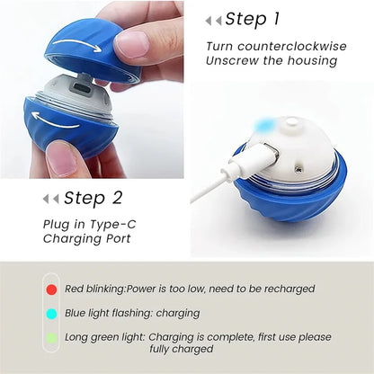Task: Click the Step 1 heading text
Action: pos(259,19)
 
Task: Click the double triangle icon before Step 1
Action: pos(213,20)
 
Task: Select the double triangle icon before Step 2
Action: pos(52,199)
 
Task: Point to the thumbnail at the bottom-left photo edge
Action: pos(62,159)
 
